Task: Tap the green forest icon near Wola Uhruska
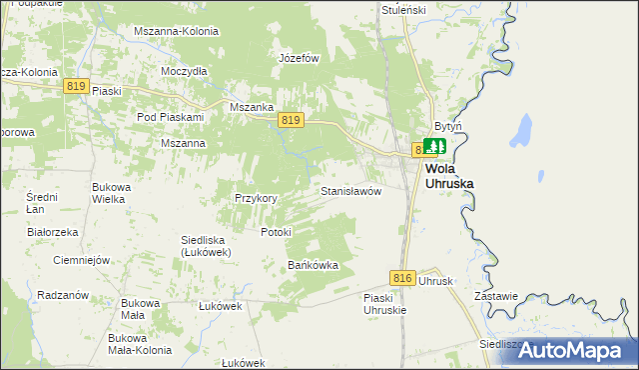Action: click(432, 147)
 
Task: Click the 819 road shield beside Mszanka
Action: click(291, 120)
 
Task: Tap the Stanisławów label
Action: click(350, 190)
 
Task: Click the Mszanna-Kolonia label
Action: click(176, 31)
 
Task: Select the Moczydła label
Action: click(184, 71)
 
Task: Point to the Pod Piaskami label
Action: click(170, 117)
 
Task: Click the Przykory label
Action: click(256, 198)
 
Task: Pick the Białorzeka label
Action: click(53, 232)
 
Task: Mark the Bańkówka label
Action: click(314, 265)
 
